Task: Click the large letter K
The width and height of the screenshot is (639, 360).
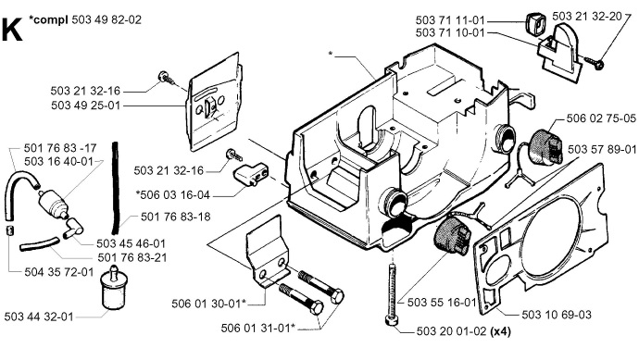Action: click(12, 30)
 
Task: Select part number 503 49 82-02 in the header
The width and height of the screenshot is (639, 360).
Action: click(106, 19)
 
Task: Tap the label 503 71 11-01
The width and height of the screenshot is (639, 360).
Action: click(450, 20)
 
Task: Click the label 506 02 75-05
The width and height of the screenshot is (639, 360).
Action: click(601, 118)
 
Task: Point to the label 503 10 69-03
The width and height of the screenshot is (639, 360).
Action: click(557, 315)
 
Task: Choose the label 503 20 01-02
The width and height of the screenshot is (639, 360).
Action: click(452, 331)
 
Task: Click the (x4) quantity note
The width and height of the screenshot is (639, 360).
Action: click(500, 331)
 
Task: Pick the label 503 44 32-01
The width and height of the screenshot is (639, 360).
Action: click(39, 317)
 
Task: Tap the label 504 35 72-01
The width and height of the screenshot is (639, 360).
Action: click(59, 272)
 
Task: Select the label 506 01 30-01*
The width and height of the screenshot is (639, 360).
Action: click(209, 304)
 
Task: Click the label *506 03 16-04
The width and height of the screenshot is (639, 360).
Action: click(173, 195)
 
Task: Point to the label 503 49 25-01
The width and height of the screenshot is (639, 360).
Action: click(86, 106)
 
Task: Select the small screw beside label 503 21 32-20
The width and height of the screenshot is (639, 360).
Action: click(594, 62)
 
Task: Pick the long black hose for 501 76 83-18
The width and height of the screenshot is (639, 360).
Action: click(116, 188)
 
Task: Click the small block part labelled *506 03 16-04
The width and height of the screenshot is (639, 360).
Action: click(250, 173)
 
